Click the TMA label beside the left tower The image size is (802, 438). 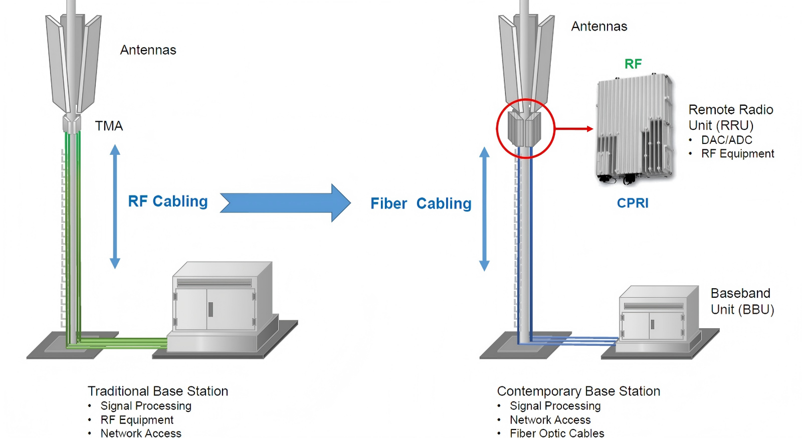(109, 126)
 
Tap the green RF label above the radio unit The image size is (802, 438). (633, 64)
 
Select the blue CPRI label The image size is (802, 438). (633, 203)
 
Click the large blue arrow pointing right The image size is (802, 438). (285, 203)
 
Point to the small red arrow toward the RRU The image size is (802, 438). (574, 129)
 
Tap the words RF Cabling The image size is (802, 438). (168, 201)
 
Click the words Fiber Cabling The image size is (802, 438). (421, 203)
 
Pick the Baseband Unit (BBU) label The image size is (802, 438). (742, 301)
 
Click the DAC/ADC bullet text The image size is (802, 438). (726, 140)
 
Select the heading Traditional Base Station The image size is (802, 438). (158, 391)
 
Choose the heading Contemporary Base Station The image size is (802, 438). (578, 391)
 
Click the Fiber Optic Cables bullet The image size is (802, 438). (557, 433)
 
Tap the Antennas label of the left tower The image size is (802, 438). (148, 50)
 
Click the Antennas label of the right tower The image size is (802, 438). (599, 27)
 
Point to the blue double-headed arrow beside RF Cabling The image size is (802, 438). (115, 206)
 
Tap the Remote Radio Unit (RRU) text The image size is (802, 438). (730, 117)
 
